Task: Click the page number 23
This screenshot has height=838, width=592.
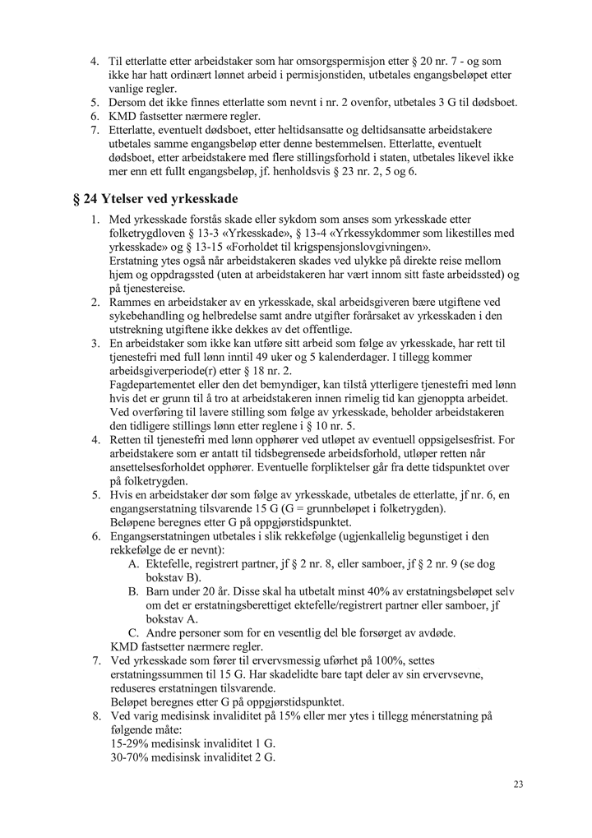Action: coord(518,784)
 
